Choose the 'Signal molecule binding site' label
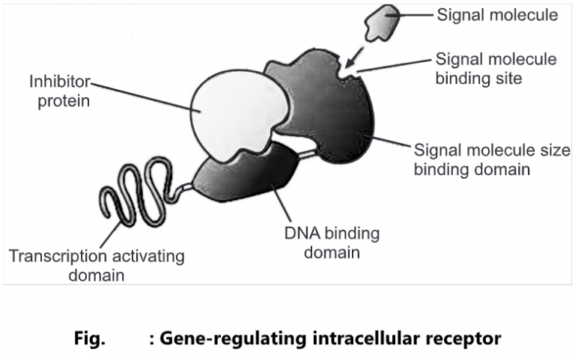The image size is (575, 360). point(494,68)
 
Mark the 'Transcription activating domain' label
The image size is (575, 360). point(97,266)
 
